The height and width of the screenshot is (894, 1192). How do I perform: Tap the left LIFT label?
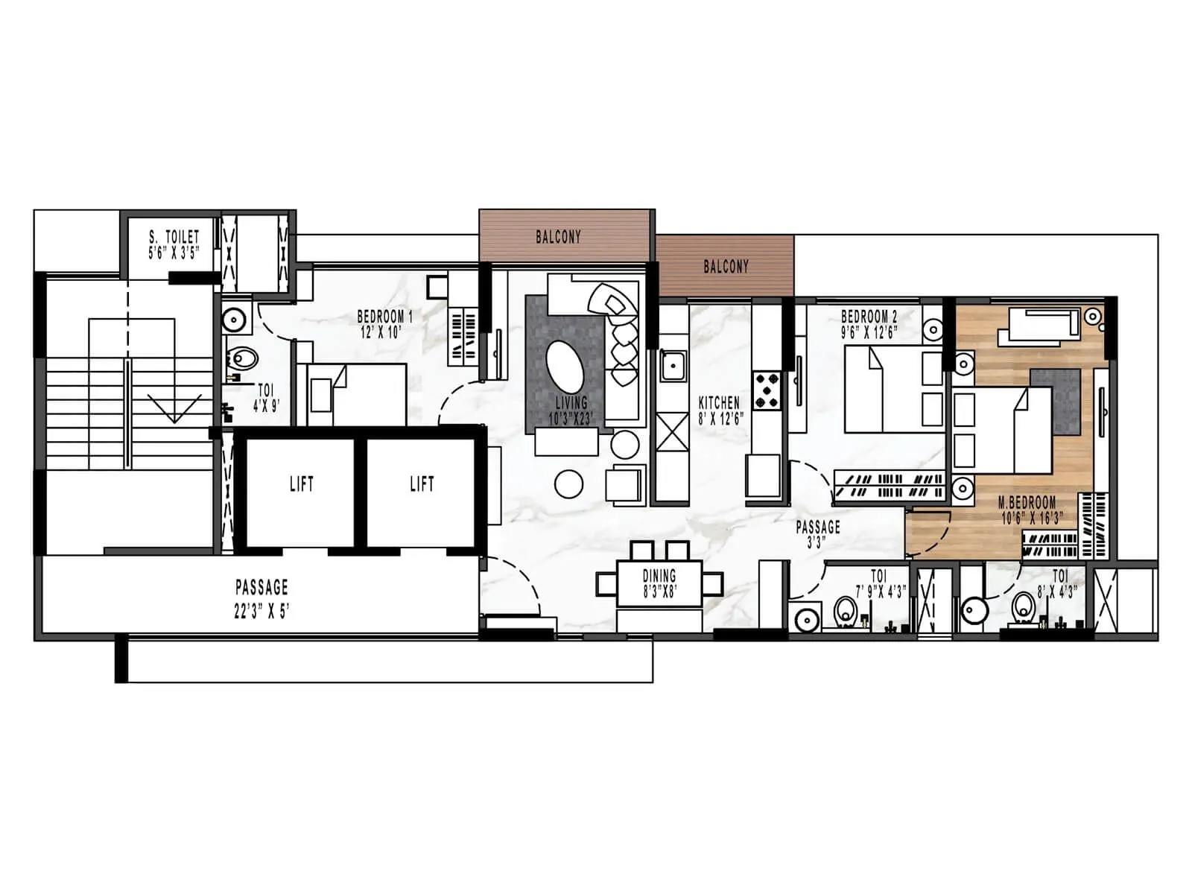pyautogui.click(x=302, y=484)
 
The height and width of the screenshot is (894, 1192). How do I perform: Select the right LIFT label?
pyautogui.click(x=422, y=484)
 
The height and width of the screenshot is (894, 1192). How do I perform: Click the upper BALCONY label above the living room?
pyautogui.click(x=558, y=237)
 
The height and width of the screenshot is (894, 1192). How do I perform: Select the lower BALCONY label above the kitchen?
pyautogui.click(x=726, y=266)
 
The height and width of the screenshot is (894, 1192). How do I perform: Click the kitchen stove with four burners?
pyautogui.click(x=767, y=391)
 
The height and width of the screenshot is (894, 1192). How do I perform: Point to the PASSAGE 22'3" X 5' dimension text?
pyautogui.click(x=261, y=612)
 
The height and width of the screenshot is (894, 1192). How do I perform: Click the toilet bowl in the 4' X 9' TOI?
pyautogui.click(x=244, y=358)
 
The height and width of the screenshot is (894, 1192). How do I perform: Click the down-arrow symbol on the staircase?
pyautogui.click(x=174, y=408)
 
